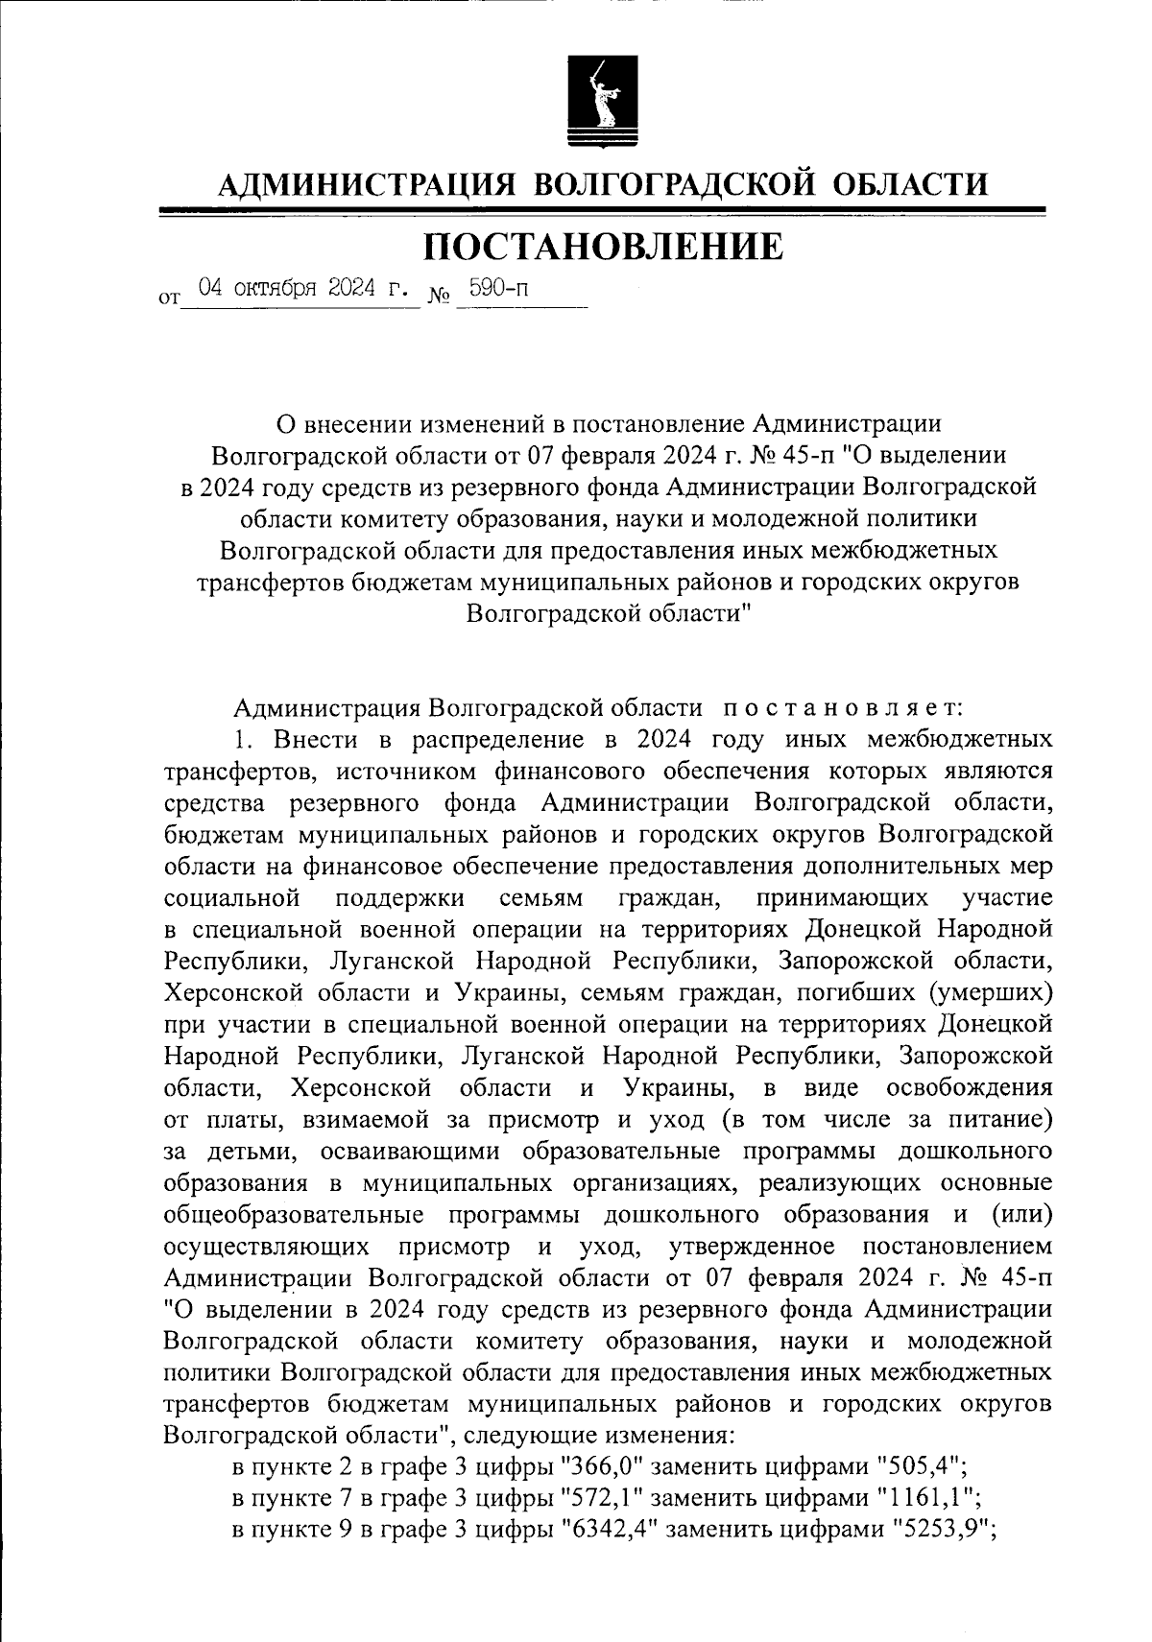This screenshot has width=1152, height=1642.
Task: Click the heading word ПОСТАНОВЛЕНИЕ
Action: (604, 247)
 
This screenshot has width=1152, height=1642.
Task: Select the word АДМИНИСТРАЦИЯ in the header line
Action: (367, 183)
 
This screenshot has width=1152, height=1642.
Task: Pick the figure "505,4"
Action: (916, 1466)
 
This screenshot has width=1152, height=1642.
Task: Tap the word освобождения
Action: (970, 1087)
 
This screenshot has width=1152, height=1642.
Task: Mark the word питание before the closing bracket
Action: (996, 1119)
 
